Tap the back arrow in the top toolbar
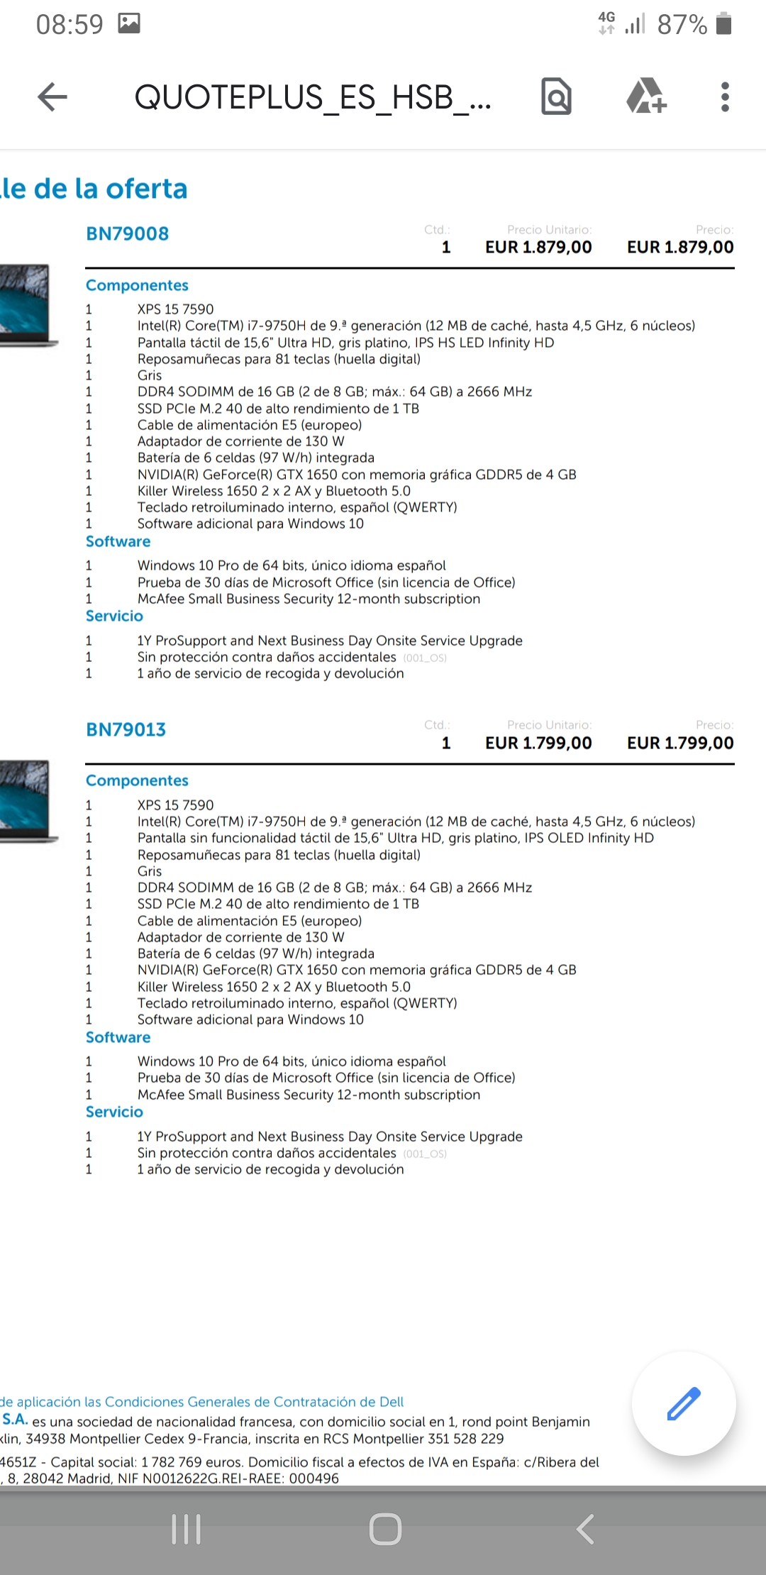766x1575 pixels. click(52, 97)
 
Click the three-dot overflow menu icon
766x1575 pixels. click(724, 97)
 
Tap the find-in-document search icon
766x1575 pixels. click(556, 97)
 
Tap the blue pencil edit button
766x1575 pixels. click(684, 1404)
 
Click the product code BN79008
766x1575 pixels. click(128, 234)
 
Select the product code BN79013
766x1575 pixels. click(126, 730)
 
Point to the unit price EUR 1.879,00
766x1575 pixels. click(538, 248)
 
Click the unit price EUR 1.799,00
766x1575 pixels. click(538, 744)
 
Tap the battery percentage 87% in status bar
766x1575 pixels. click(682, 25)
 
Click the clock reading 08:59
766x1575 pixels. click(70, 25)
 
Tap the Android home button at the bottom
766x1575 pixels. click(385, 1529)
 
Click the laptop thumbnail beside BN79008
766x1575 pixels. click(26, 304)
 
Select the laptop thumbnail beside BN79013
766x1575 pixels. click(26, 800)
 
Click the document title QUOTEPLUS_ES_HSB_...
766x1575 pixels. click(312, 97)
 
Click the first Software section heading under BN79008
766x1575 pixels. click(118, 542)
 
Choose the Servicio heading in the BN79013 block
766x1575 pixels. click(115, 1112)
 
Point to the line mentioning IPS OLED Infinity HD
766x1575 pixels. click(395, 838)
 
